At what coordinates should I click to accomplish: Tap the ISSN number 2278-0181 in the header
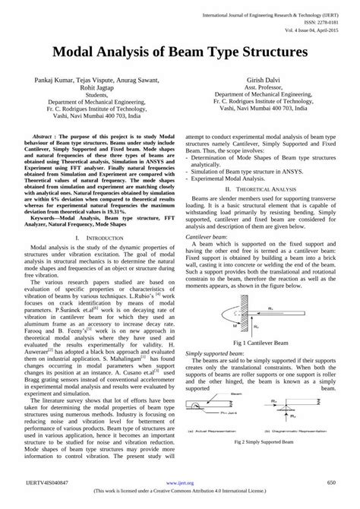(x=324, y=21)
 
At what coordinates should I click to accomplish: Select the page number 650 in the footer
(x=330, y=482)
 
